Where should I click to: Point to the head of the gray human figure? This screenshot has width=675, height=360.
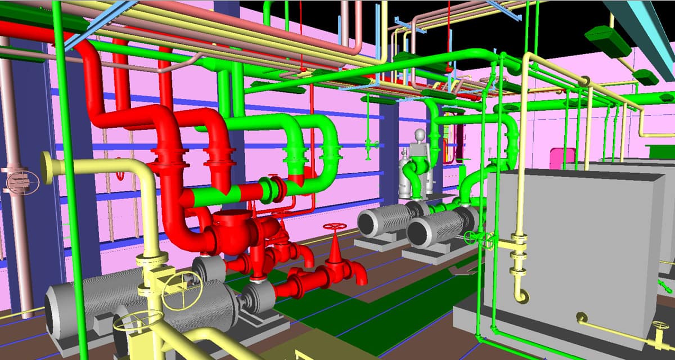pyautogui.click(x=420, y=135)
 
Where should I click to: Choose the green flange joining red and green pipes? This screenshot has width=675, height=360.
pyautogui.click(x=276, y=190)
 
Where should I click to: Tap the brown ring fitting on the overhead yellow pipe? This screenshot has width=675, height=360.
pyautogui.click(x=584, y=82)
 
